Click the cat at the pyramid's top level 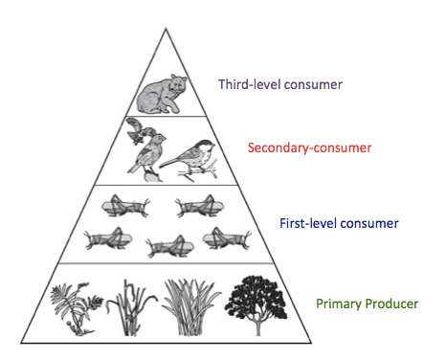(x=158, y=95)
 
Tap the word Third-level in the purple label (x=250, y=84)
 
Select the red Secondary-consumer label (x=309, y=147)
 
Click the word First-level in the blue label (x=307, y=223)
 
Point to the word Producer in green (x=391, y=304)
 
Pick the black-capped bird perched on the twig (x=190, y=159)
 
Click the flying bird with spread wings (x=140, y=130)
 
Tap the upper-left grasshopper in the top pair (x=125, y=206)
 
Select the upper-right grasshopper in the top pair (x=199, y=206)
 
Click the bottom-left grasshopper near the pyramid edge (x=108, y=238)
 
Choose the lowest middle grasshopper (x=169, y=246)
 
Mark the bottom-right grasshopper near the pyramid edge (x=227, y=238)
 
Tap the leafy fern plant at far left (x=77, y=308)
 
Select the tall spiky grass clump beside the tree (x=190, y=307)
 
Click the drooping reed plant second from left (x=131, y=307)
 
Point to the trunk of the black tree (x=257, y=325)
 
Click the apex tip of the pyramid (x=166, y=29)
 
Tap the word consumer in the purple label (x=313, y=85)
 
